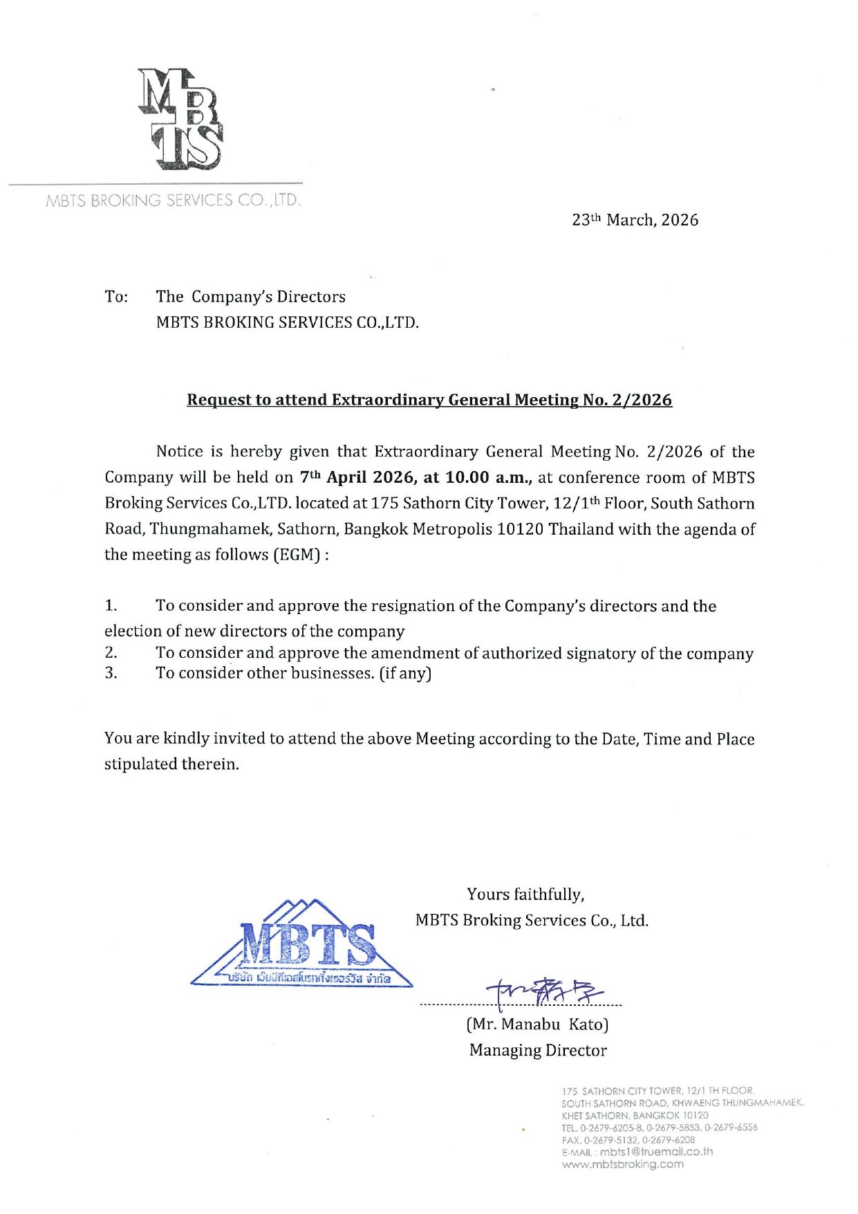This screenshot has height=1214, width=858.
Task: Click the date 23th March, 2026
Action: pyautogui.click(x=635, y=220)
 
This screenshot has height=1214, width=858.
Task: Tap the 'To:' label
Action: pyautogui.click(x=116, y=297)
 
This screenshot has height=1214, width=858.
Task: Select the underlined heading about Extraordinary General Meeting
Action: pyautogui.click(x=429, y=400)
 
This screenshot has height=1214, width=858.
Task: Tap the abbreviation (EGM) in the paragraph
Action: pyautogui.click(x=297, y=555)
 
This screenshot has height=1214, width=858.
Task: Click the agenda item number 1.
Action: pyautogui.click(x=111, y=606)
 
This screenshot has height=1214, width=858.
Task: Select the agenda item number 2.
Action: pyautogui.click(x=111, y=653)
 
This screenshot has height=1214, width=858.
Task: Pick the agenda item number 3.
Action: pyautogui.click(x=111, y=673)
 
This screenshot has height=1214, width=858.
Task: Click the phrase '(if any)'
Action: pyautogui.click(x=405, y=673)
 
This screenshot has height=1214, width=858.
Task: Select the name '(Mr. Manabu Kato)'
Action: pyautogui.click(x=537, y=1024)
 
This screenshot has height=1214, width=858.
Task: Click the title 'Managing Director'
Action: pyautogui.click(x=538, y=1050)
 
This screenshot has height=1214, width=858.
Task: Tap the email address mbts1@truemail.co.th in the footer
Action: pyautogui.click(x=656, y=1152)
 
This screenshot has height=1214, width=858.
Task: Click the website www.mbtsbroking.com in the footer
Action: pyautogui.click(x=622, y=1164)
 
